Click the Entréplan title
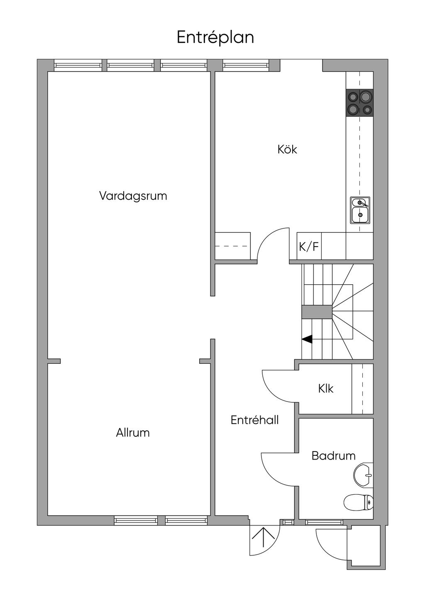pyautogui.click(x=215, y=37)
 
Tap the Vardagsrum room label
pyautogui.click(x=133, y=196)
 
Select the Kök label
pyautogui.click(x=287, y=149)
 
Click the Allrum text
pyautogui.click(x=133, y=433)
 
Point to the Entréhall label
pyautogui.click(x=254, y=420)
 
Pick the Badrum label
pyautogui.click(x=333, y=456)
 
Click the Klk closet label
pyautogui.click(x=326, y=389)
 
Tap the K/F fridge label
pyautogui.click(x=309, y=247)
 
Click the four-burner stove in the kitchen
pyautogui.click(x=359, y=103)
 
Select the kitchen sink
pyautogui.click(x=360, y=210)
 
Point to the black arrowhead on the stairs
pyautogui.click(x=307, y=339)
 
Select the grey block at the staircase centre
pyautogui.click(x=317, y=312)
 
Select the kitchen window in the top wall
pyautogui.click(x=245, y=65)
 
